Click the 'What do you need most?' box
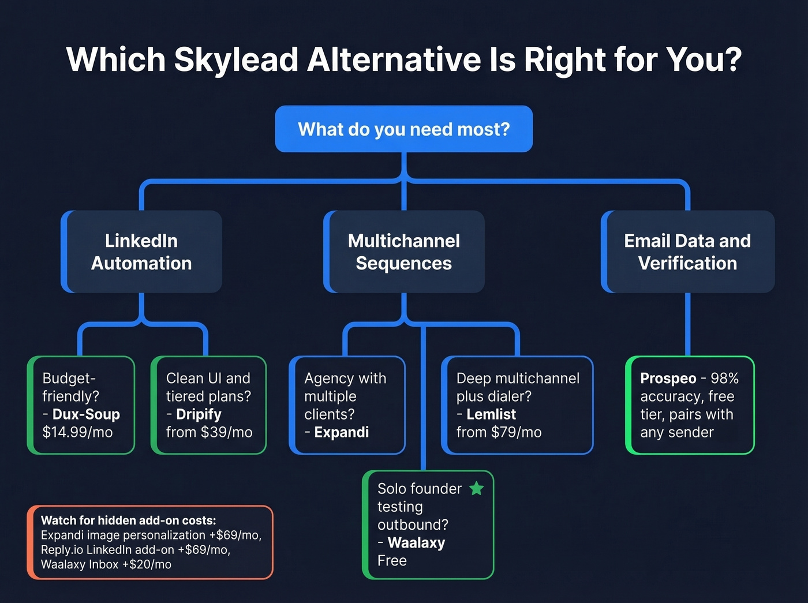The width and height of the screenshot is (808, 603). point(403,129)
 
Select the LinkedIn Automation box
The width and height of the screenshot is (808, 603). point(141,252)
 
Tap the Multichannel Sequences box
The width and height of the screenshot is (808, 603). point(403,252)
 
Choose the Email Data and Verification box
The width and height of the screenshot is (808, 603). point(687,252)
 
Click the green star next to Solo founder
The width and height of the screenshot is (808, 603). point(476,489)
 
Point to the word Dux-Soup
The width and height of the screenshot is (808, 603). point(86,414)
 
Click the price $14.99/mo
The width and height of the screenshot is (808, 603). point(77,432)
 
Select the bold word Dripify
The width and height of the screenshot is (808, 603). point(199,414)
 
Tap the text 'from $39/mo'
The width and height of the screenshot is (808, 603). point(209,432)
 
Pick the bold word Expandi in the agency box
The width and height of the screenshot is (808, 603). point(341,432)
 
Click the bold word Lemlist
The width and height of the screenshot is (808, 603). point(491,414)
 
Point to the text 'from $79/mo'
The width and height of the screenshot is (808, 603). point(499,432)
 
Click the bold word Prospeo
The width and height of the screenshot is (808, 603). point(668,379)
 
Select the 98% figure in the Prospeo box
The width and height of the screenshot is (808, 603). point(724,379)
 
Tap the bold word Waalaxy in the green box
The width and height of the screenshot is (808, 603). point(416,543)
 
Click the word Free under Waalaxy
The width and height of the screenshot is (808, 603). point(392,561)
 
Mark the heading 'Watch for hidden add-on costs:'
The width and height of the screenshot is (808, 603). point(128,520)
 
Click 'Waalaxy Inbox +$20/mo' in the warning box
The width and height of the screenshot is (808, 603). point(106,564)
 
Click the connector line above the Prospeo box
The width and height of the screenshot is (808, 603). point(687,323)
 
